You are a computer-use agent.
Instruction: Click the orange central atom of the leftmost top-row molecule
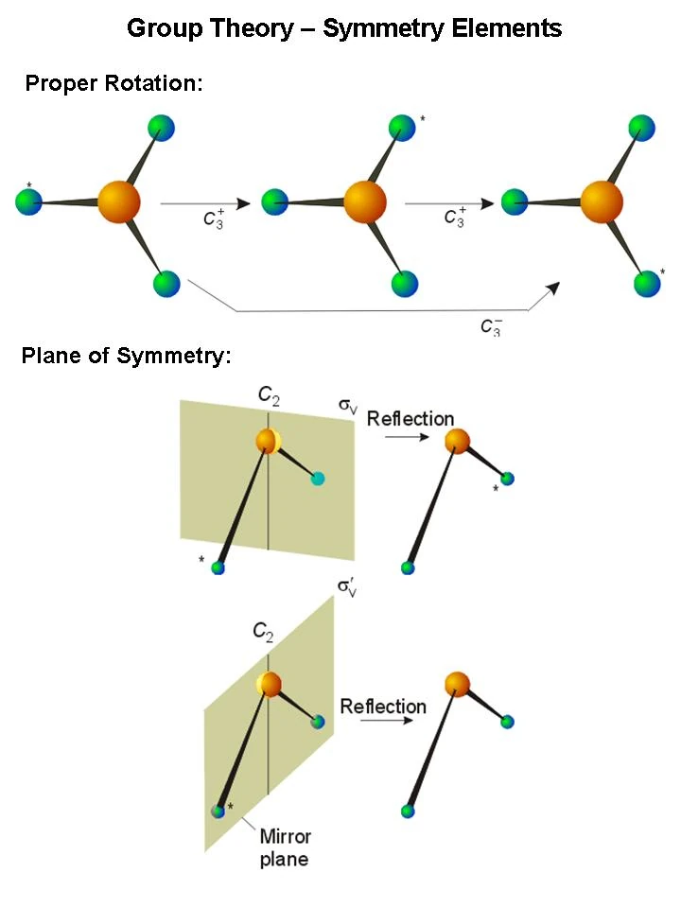coord(119,201)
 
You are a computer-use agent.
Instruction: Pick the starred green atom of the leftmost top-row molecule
coord(29,201)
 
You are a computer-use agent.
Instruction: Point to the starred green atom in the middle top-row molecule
coord(402,127)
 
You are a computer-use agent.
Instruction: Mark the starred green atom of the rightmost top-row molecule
coord(647,283)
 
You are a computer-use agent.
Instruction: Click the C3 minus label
coord(491,327)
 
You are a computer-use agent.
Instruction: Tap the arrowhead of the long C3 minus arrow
coord(550,289)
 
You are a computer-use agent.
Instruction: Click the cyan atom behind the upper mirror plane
coord(318,479)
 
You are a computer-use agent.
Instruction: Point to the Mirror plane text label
coord(285,847)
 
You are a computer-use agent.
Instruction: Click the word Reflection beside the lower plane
coord(383,707)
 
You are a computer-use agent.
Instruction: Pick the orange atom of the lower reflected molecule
coord(457,683)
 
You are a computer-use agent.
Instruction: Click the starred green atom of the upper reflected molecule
coord(508,479)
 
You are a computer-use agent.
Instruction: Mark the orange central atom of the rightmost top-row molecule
coord(602,201)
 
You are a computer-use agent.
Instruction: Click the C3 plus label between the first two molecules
coord(212,218)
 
